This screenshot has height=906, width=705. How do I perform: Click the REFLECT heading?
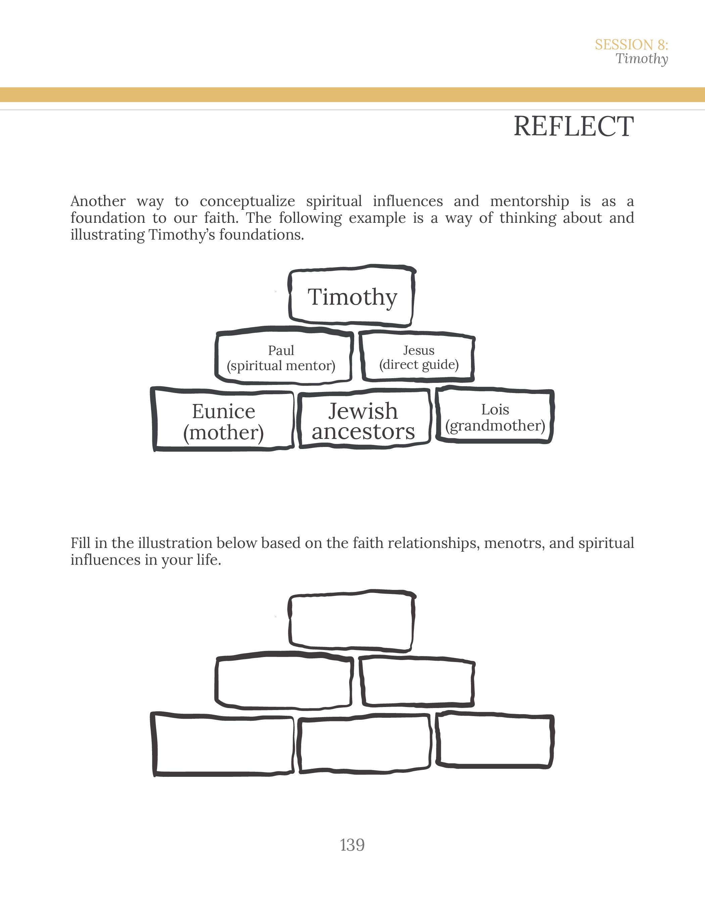[x=573, y=126]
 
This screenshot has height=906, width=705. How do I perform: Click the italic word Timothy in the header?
[x=642, y=59]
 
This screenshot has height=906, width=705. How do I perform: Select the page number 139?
[x=352, y=845]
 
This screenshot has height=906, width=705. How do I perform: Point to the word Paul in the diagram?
[x=281, y=351]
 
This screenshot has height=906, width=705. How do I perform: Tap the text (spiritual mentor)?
[x=281, y=366]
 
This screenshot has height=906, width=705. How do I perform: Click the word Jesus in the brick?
[x=419, y=351]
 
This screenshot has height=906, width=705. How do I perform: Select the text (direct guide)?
[x=419, y=365]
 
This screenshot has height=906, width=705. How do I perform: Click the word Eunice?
[x=223, y=411]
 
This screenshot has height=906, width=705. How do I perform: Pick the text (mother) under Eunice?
[x=223, y=433]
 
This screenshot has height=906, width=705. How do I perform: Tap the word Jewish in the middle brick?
[x=363, y=411]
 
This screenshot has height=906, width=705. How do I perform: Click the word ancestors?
[x=363, y=432]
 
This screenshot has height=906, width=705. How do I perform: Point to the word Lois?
[x=495, y=410]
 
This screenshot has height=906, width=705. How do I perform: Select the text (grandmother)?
[x=495, y=425]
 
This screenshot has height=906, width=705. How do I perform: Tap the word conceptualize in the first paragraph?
[x=247, y=202]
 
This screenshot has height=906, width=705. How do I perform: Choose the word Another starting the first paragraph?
[x=98, y=202]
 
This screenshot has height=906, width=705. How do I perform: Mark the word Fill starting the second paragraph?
[x=80, y=543]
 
